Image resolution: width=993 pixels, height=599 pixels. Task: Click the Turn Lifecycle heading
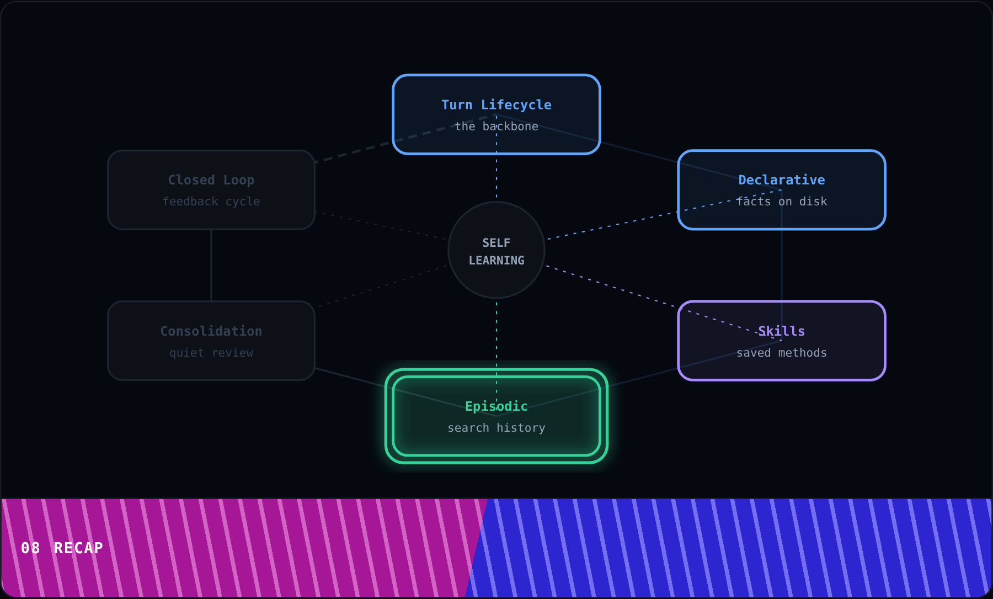496,105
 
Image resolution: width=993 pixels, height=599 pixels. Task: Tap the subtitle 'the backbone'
496,126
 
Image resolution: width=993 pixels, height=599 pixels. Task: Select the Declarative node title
782,180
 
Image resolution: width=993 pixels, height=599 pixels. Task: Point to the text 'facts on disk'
782,202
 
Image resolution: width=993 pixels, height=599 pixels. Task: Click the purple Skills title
782,331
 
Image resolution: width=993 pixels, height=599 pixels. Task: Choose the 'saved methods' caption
782,353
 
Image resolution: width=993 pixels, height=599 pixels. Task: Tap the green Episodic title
496,407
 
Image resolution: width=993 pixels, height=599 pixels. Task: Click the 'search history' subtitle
496,428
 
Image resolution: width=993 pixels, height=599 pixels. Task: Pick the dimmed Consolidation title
211,331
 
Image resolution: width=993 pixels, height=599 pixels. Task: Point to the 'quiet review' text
211,353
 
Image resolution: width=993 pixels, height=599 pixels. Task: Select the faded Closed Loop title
211,180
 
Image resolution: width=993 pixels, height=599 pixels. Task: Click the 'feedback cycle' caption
211,202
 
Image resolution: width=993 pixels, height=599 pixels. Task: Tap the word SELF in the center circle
496,243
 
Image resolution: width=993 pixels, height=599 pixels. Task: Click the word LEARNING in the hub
496,261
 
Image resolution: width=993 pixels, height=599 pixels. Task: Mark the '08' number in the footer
30,548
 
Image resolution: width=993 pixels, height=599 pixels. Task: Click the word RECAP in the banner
78,548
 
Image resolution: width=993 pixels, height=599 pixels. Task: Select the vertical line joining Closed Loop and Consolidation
211,265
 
